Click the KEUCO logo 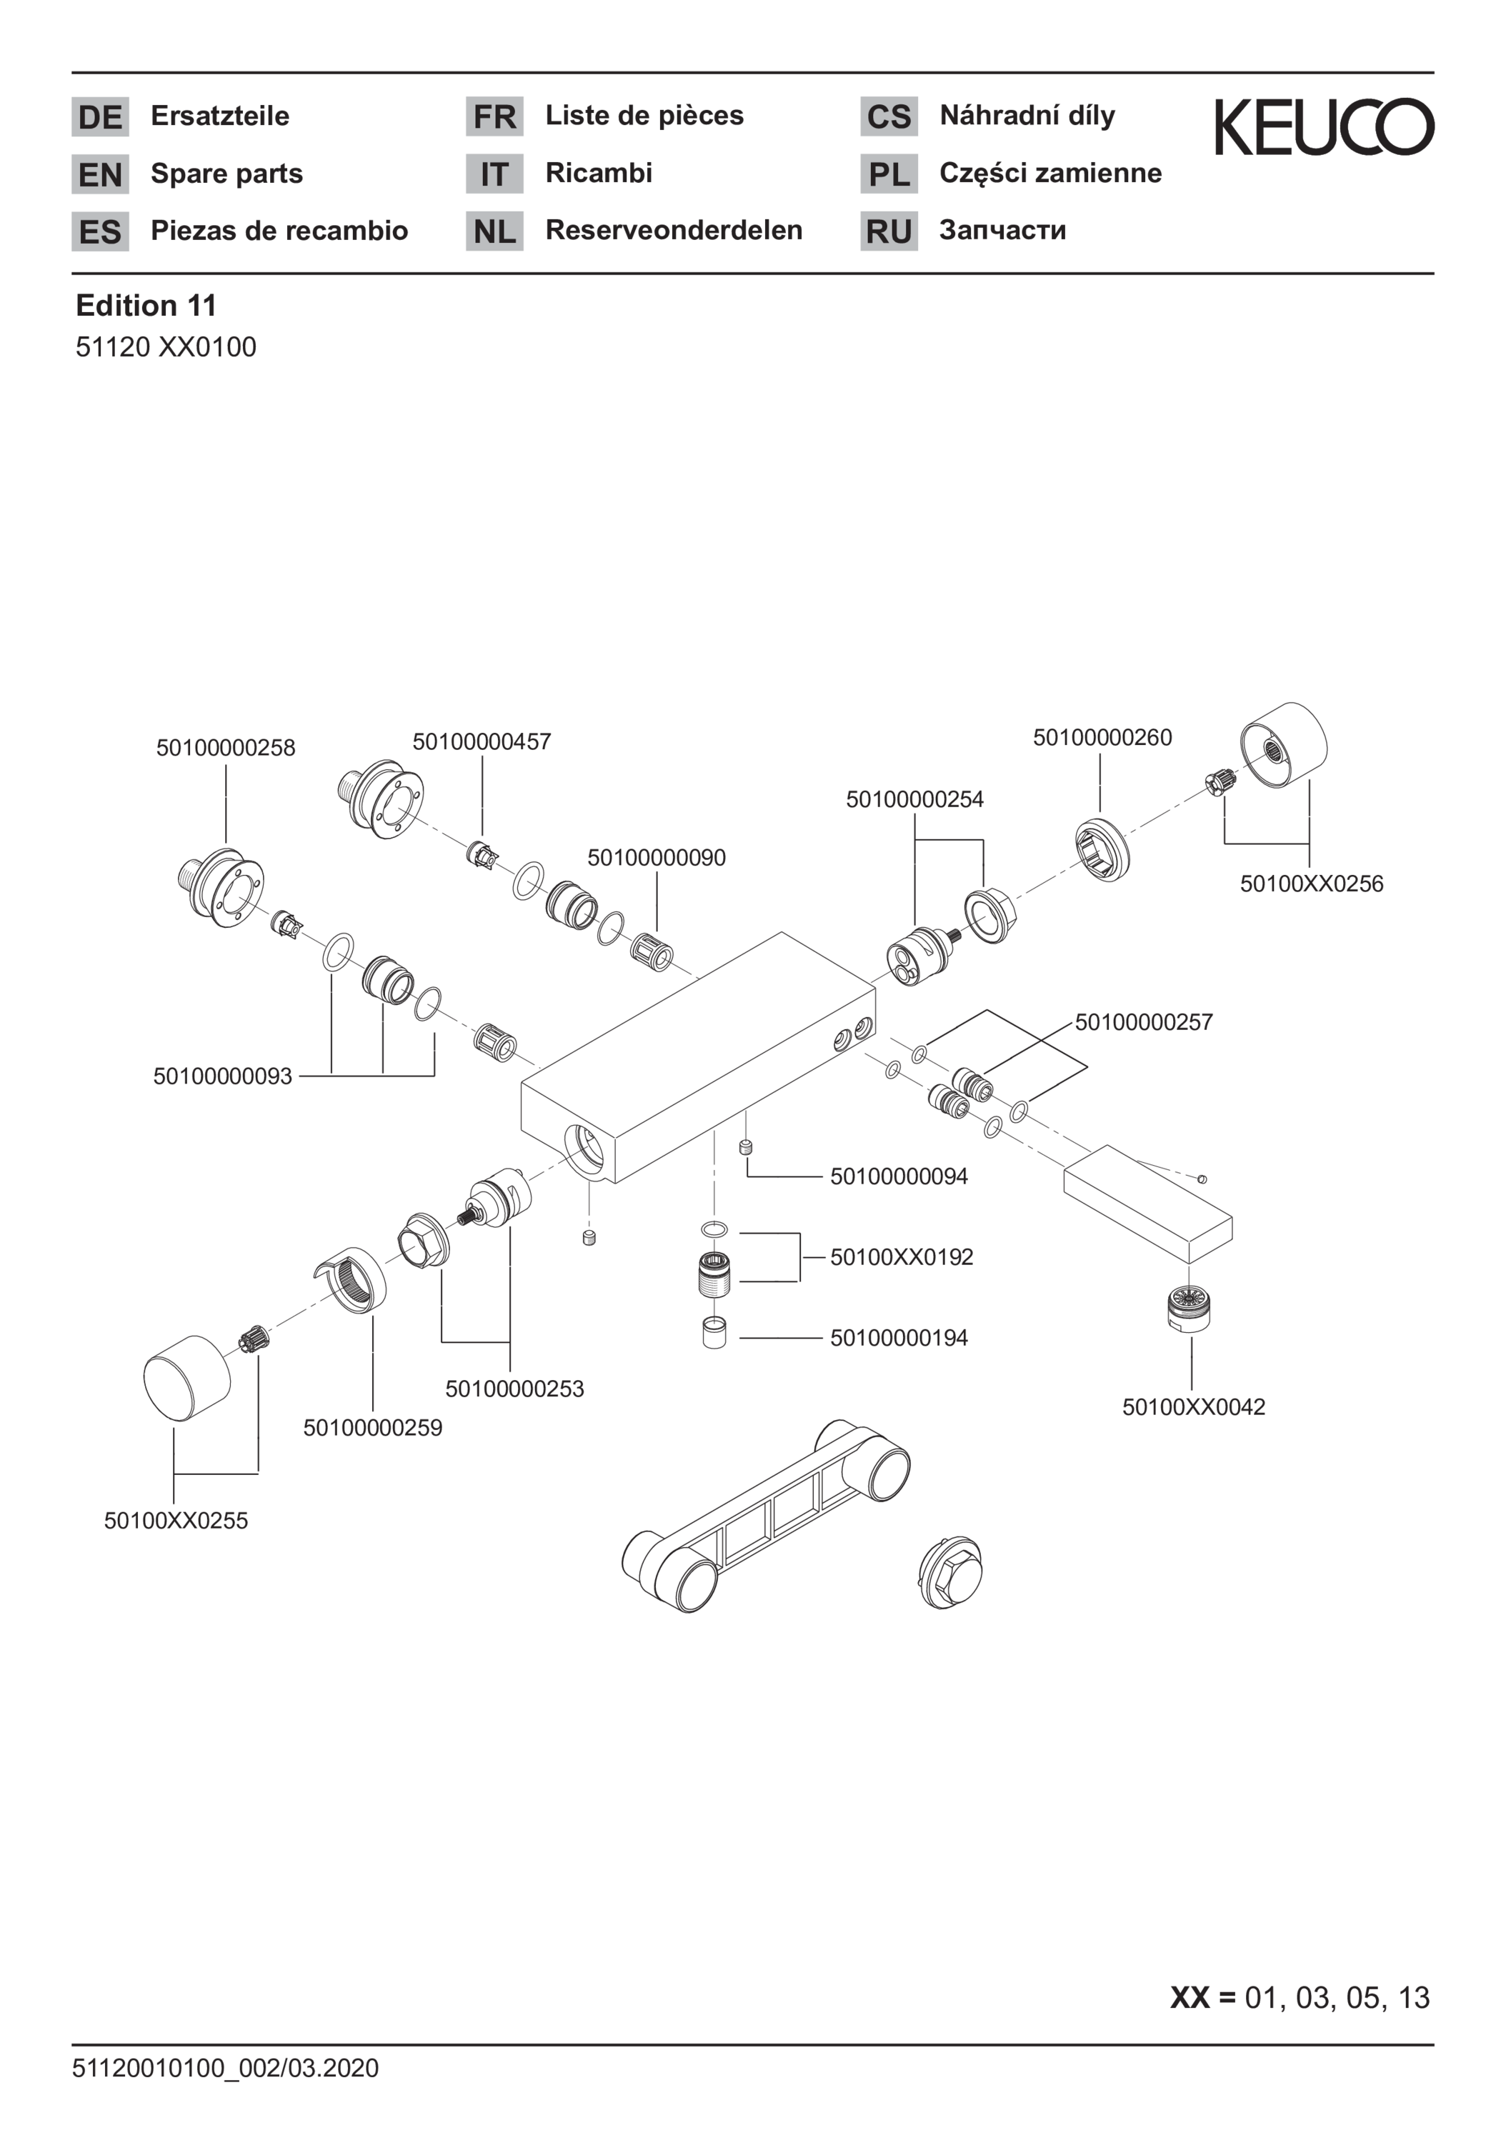tap(1324, 127)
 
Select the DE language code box tap(100, 117)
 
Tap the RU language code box tap(889, 231)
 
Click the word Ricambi tap(599, 173)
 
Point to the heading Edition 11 tap(146, 305)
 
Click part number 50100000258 tap(226, 748)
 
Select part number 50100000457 tap(482, 742)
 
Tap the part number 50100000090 tap(656, 857)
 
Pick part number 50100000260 tap(1102, 738)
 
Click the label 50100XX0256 tap(1311, 883)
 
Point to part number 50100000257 tap(1144, 1022)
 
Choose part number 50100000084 tap(898, 1176)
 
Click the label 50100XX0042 tap(1193, 1406)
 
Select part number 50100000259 tap(372, 1427)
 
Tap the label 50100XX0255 tap(175, 1519)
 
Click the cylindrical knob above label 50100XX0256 tap(1283, 747)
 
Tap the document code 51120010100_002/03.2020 tap(226, 2068)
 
